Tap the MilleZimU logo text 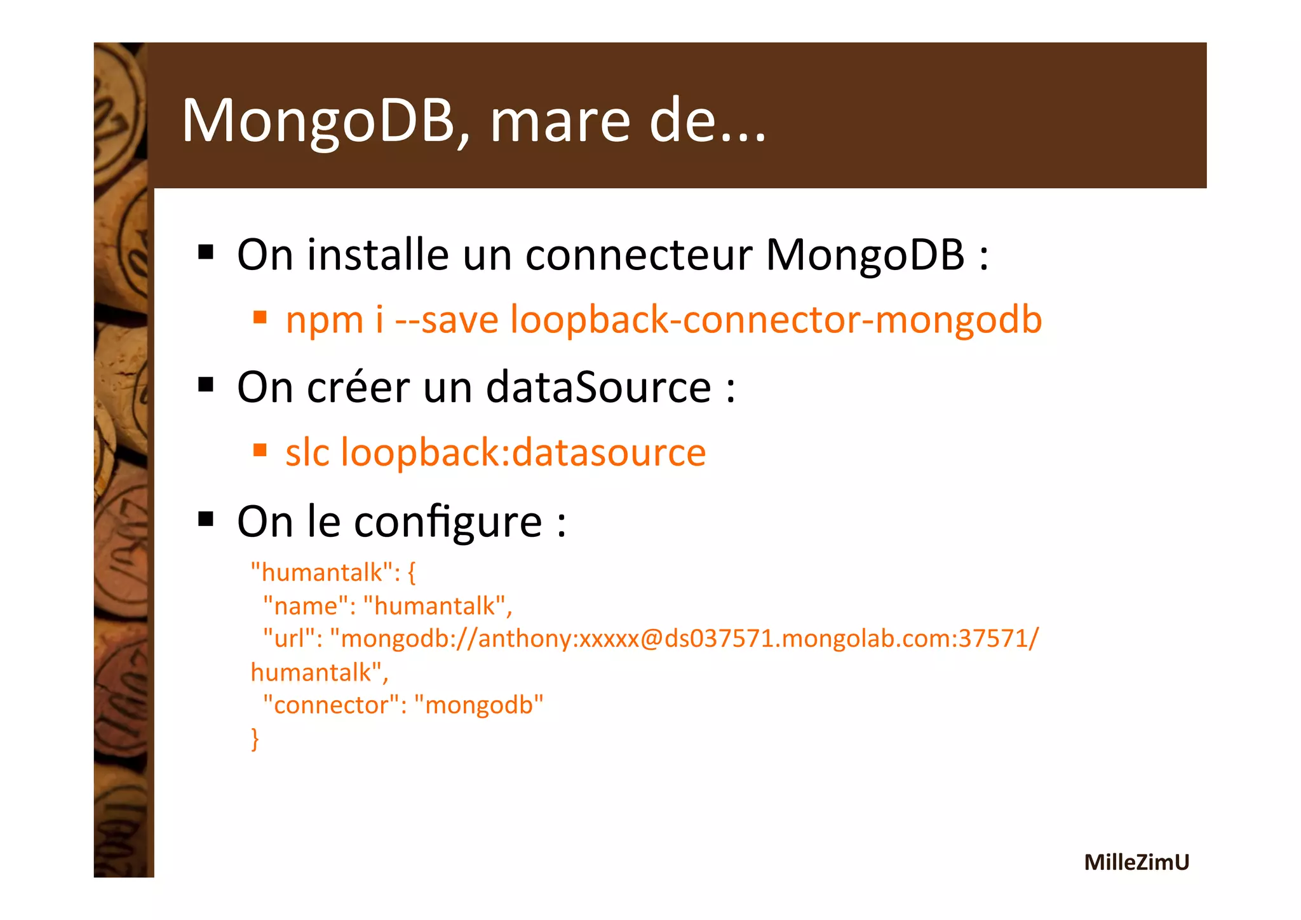tap(1136, 862)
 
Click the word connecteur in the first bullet tap(639, 255)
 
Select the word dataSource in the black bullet tap(598, 388)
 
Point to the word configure tap(448, 522)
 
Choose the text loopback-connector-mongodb tap(776, 320)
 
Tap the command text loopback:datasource tap(523, 453)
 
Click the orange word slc tap(307, 453)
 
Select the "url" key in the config tap(293, 639)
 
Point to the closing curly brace tap(255, 739)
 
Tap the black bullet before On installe tap(206, 252)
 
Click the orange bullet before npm tap(259, 316)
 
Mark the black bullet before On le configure tap(206, 519)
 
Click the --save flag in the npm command tap(447, 320)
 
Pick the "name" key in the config tap(305, 606)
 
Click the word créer tap(358, 388)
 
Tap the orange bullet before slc tap(259, 450)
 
